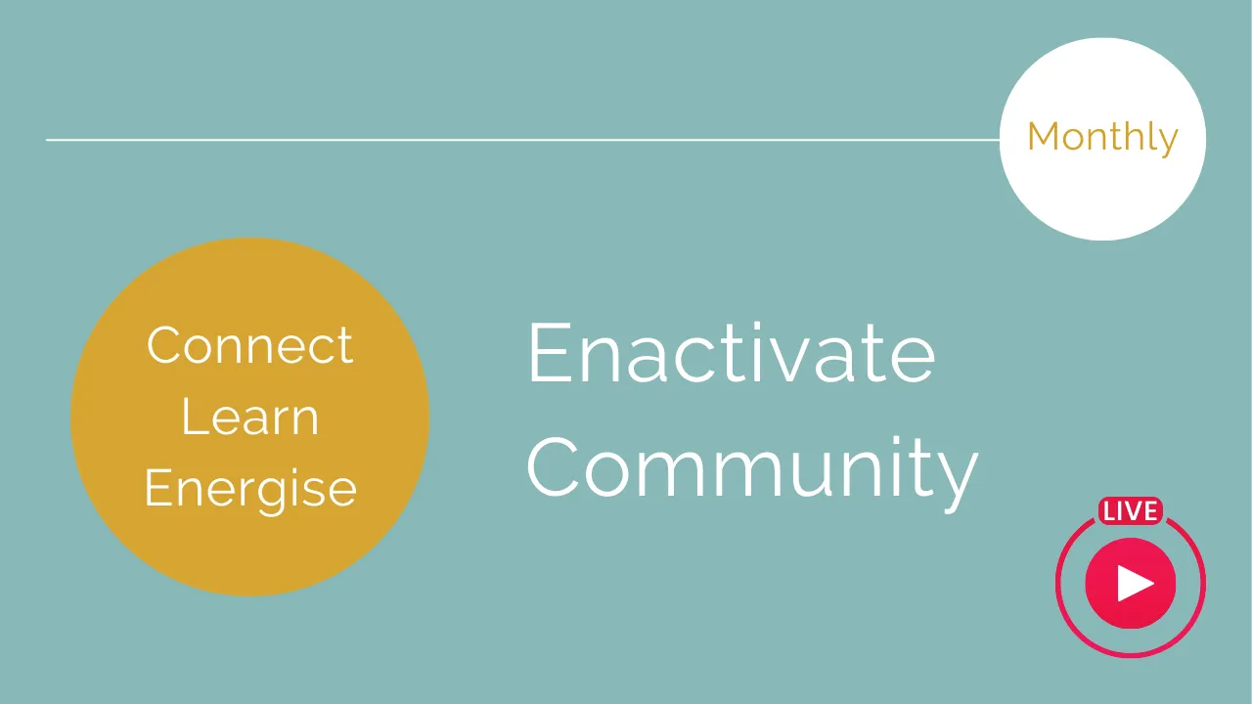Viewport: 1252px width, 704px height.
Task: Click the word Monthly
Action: click(1102, 138)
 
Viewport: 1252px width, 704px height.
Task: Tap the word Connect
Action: click(249, 345)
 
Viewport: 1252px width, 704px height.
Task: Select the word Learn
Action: click(249, 417)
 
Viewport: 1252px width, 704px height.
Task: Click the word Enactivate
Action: click(732, 352)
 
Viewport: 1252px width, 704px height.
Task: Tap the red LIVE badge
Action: click(1130, 511)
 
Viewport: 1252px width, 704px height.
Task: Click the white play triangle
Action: click(1134, 584)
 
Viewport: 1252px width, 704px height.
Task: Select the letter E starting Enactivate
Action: click(550, 352)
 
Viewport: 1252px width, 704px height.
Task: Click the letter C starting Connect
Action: click(164, 345)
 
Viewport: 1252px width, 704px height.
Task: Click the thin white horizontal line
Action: click(522, 140)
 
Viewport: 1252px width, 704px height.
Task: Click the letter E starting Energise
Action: click(157, 487)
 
